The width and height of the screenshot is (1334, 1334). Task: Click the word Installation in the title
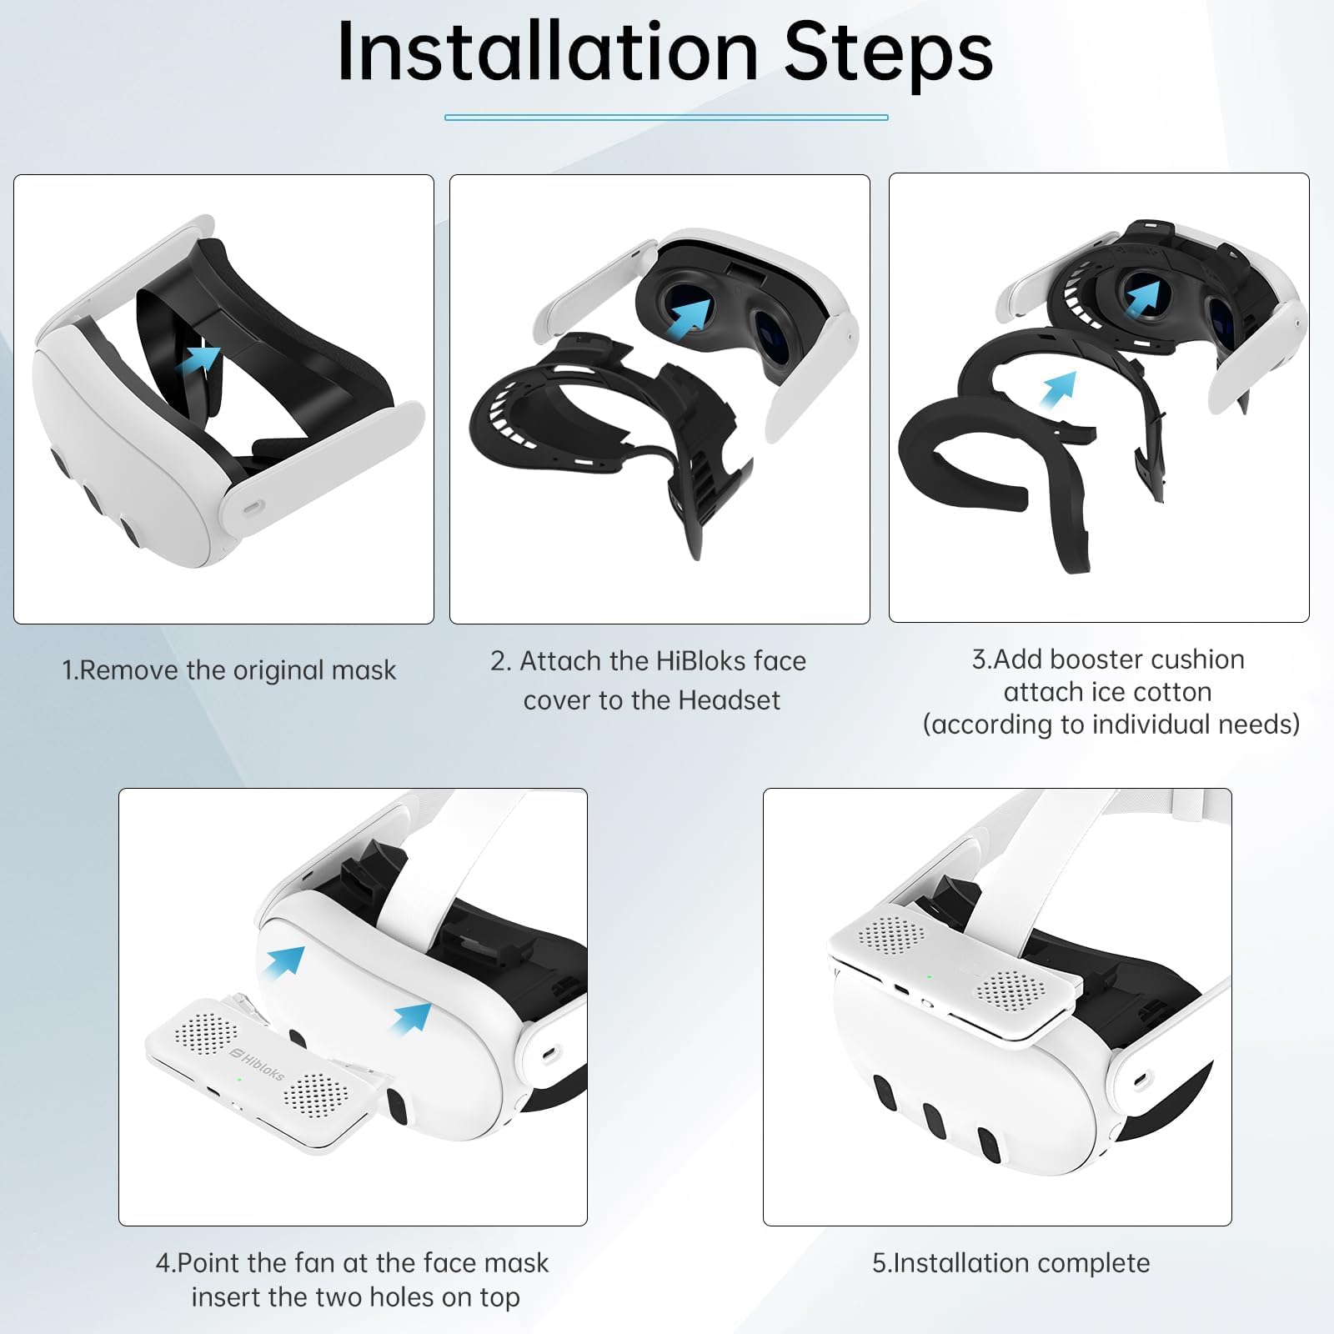pos(548,51)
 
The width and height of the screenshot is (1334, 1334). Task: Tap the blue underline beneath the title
pos(666,118)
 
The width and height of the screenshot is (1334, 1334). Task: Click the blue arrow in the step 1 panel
pos(198,360)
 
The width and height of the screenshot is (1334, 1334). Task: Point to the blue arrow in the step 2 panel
pos(691,317)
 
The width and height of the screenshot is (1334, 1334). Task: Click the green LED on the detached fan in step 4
pos(239,1081)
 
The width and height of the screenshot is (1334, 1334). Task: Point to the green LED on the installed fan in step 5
pos(928,976)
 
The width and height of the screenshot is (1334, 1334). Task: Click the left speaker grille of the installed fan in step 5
pos(891,935)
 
